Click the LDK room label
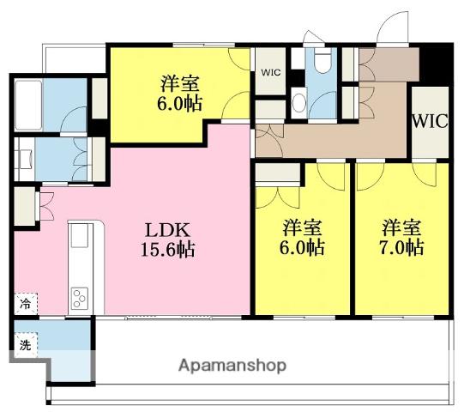tap(167, 230)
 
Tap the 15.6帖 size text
tap(168, 250)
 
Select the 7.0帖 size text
tap(401, 247)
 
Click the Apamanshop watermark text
tap(232, 366)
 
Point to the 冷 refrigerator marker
tap(26, 303)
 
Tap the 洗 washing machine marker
tap(26, 345)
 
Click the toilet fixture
tap(322, 60)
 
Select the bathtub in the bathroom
tap(28, 106)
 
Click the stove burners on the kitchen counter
tap(80, 298)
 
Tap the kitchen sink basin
tap(80, 235)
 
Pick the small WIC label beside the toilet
tap(271, 72)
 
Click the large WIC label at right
tap(430, 121)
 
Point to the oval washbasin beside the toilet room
tap(298, 103)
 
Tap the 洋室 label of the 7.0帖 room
tap(401, 227)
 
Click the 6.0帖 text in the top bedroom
tap(179, 104)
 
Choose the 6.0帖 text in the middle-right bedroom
tap(302, 247)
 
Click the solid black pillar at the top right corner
tap(437, 64)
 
